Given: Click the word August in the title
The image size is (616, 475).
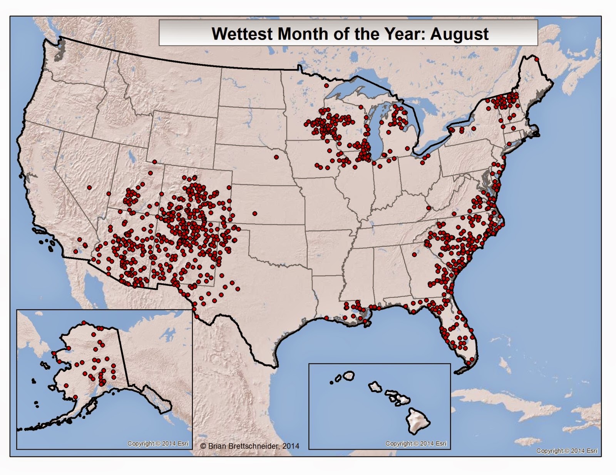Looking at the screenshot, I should tap(459, 34).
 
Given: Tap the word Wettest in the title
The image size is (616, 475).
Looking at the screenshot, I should tap(243, 34).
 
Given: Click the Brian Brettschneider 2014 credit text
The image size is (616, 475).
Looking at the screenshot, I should tap(250, 446).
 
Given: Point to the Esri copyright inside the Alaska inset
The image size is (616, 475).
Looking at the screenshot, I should tap(158, 443).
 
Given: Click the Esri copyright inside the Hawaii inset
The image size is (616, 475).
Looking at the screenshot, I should tap(416, 443).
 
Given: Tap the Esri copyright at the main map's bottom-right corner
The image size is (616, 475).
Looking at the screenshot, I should tap(567, 451).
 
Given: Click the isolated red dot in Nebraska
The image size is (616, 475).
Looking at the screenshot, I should tap(276, 157).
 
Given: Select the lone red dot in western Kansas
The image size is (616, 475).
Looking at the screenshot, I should tap(254, 213).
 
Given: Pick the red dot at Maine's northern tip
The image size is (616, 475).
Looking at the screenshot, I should tap(536, 59).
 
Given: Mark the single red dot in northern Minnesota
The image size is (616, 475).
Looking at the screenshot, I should tap(326, 86).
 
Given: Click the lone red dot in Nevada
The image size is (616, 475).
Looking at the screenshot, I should tap(89, 188).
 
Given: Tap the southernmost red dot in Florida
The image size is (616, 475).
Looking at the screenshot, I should tap(469, 363).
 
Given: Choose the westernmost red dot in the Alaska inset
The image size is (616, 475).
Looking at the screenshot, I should tap(54, 353).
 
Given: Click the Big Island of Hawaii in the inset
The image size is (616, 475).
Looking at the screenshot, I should tap(421, 418).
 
